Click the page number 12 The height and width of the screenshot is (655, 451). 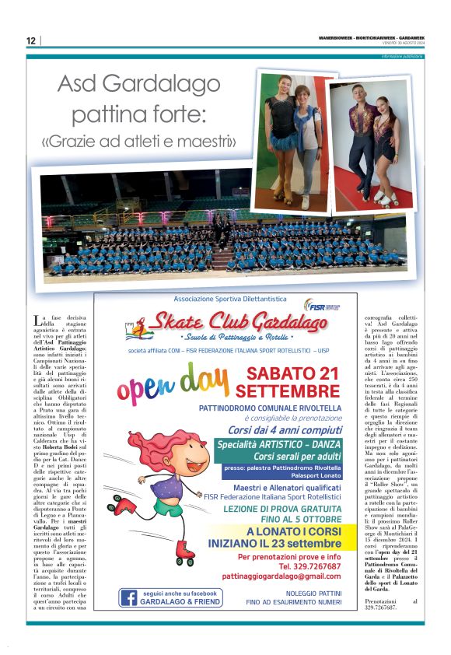(x=30, y=40)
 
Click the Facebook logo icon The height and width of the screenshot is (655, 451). (x=128, y=597)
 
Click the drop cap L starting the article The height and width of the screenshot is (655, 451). (x=38, y=320)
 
